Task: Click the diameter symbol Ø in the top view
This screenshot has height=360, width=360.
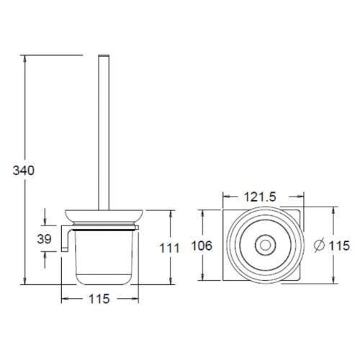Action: click(319, 246)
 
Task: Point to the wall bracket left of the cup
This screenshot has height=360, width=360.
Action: click(64, 238)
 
